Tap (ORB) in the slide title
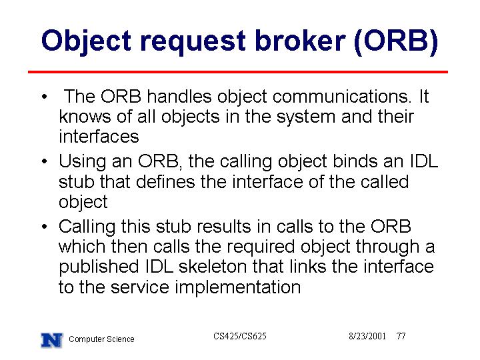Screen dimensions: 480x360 point(396,42)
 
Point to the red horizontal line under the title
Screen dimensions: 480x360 point(238,72)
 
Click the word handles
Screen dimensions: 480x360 point(179,97)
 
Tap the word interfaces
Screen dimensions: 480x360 point(99,136)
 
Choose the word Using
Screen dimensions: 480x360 point(83,161)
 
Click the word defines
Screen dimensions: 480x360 point(165,182)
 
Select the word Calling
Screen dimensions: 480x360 point(87,227)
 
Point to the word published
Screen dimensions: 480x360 point(99,267)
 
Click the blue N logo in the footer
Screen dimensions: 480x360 point(52,340)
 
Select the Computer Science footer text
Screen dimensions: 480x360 point(101,339)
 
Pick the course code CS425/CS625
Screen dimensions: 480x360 point(240,336)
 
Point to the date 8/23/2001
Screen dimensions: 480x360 point(367,336)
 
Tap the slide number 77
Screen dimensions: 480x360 point(401,336)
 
